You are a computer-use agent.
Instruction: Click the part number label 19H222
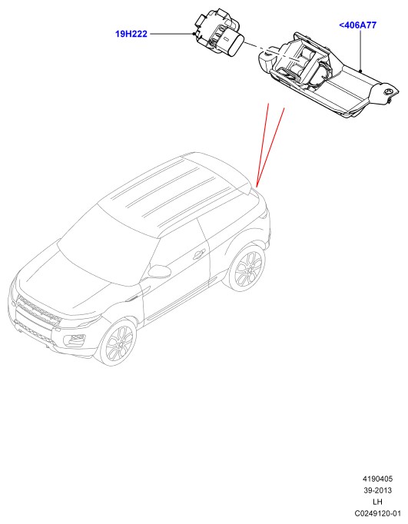click(131, 34)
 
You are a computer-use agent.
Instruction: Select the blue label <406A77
click(357, 25)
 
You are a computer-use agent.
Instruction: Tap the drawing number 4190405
click(377, 479)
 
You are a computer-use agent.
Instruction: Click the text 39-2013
click(377, 490)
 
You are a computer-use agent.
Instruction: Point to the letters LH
click(378, 502)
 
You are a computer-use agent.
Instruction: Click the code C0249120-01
click(377, 513)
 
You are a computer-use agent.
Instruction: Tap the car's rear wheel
click(247, 268)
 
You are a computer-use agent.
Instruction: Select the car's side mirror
click(158, 270)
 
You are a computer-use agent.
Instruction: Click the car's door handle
click(199, 254)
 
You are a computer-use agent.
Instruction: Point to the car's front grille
click(38, 310)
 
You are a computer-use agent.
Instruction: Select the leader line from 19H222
click(171, 34)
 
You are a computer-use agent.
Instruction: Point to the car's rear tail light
click(264, 213)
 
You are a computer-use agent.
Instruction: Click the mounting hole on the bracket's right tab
click(388, 91)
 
